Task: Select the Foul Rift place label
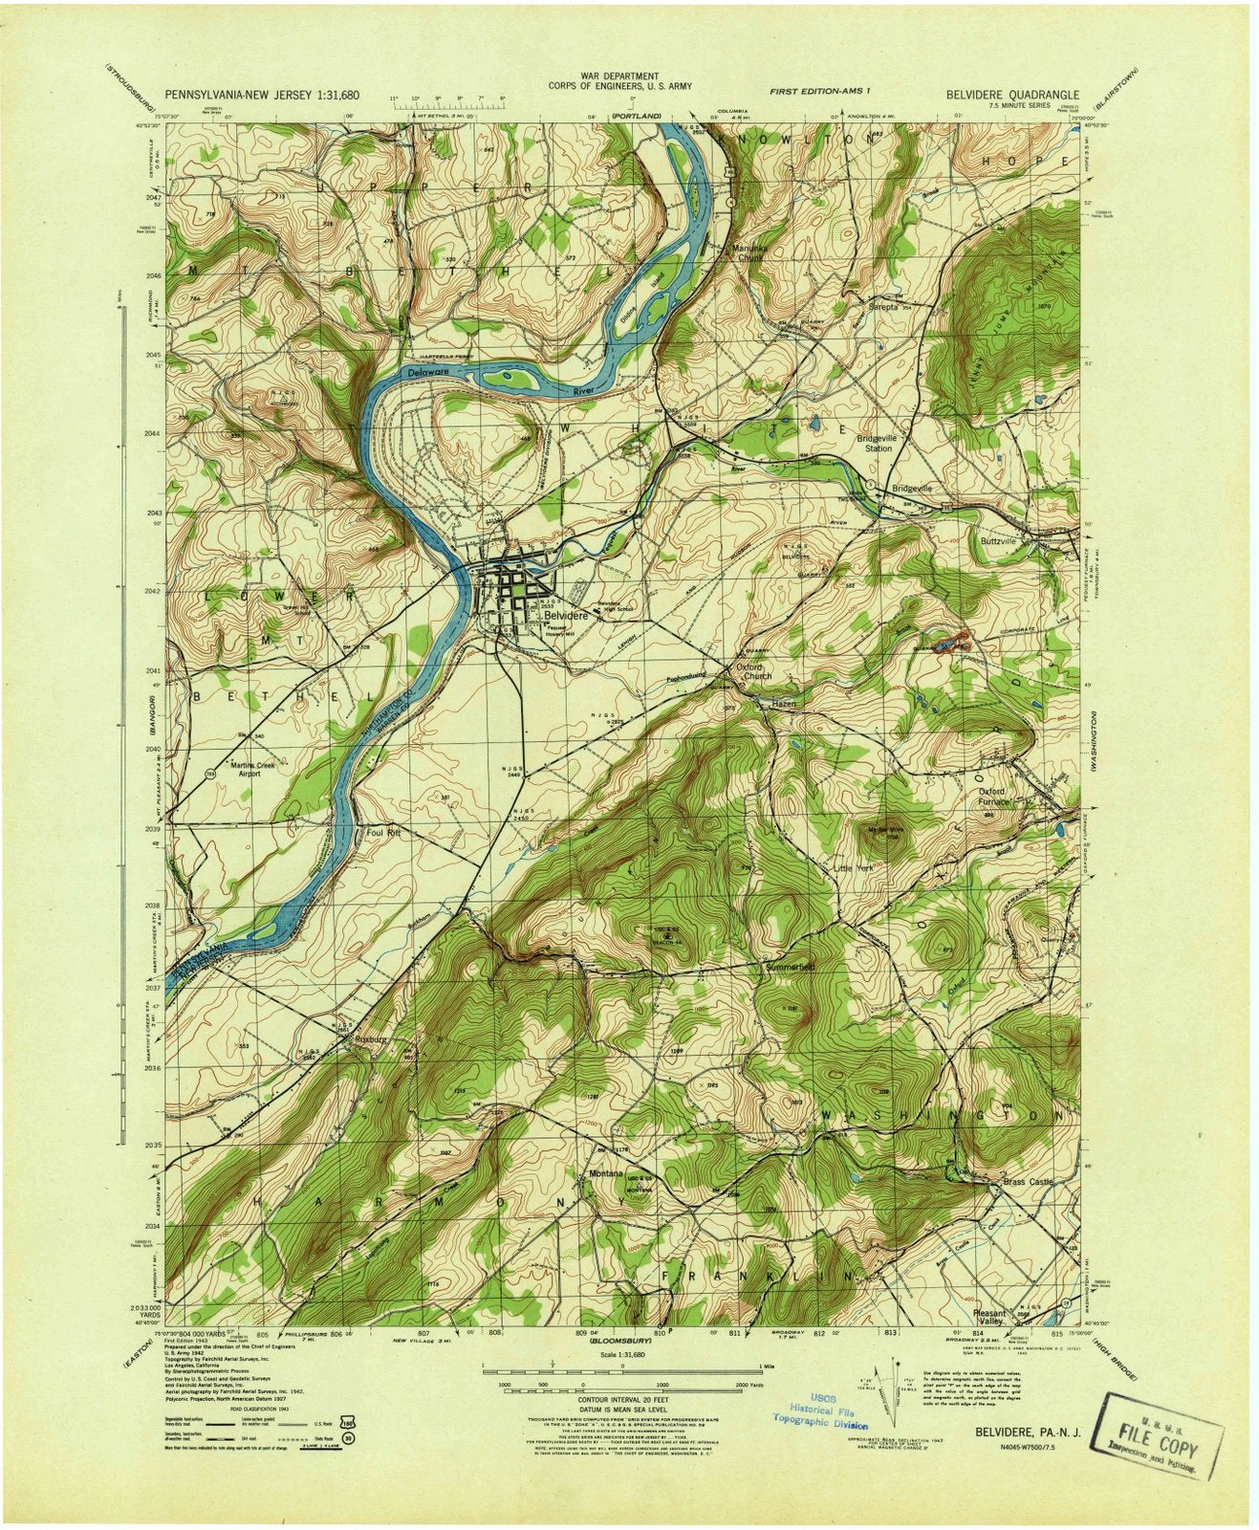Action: point(382,831)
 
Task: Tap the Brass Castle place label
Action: point(1028,1182)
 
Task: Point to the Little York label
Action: point(853,868)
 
